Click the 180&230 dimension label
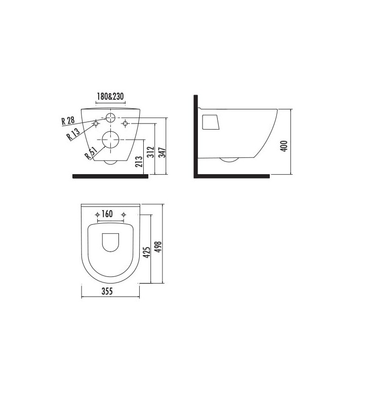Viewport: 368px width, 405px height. tap(110, 97)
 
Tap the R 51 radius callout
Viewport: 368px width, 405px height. tap(91, 153)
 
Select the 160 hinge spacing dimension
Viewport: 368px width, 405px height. tap(107, 214)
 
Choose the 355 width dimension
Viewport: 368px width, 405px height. tap(106, 291)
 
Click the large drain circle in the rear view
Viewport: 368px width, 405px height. tap(110, 139)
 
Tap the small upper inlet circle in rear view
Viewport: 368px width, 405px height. tap(110, 118)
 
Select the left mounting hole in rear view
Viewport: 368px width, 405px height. tap(95, 123)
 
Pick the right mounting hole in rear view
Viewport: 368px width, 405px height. tap(125, 123)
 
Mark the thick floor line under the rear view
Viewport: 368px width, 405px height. tap(110, 176)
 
